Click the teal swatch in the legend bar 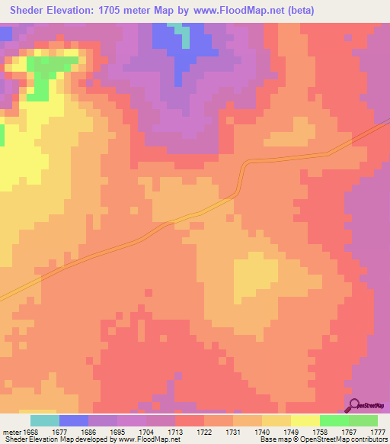pyautogui.click(x=45, y=420)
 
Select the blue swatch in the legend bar pyautogui.click(x=74, y=420)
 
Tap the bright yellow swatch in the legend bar pyautogui.click(x=305, y=420)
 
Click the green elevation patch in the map pyautogui.click(x=50, y=70)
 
